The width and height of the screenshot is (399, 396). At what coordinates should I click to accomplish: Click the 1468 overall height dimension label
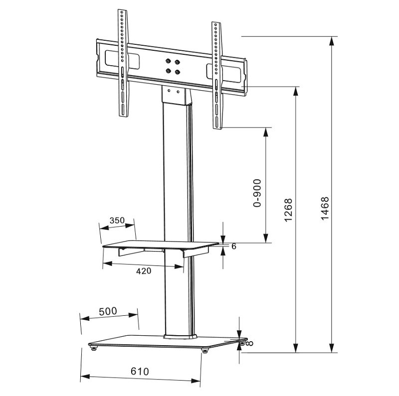pos(325,208)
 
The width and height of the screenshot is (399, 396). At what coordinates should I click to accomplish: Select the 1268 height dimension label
pos(288,210)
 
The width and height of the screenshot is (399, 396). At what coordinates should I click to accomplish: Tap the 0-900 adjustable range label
pos(257,193)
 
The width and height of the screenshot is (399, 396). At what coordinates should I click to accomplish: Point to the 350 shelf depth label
pos(117,220)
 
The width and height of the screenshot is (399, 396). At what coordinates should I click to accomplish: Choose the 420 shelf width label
pos(144,271)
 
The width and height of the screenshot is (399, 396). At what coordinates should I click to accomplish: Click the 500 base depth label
pos(108,311)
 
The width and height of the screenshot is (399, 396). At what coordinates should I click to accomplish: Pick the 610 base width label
pos(140,372)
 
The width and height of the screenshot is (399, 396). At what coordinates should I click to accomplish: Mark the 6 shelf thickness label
pos(234,246)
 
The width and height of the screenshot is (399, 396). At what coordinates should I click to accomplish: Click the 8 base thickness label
pos(250,343)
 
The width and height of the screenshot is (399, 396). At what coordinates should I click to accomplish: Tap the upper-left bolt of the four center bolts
pos(168,61)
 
